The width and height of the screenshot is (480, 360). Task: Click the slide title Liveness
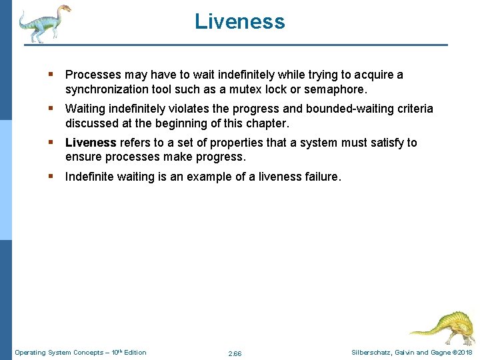point(240,21)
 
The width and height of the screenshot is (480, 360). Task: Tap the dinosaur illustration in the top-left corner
point(44,23)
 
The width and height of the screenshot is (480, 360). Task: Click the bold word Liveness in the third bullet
point(91,143)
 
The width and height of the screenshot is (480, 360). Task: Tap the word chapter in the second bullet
point(267,123)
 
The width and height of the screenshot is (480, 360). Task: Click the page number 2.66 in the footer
point(235,353)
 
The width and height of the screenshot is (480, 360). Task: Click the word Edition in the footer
point(134,353)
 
